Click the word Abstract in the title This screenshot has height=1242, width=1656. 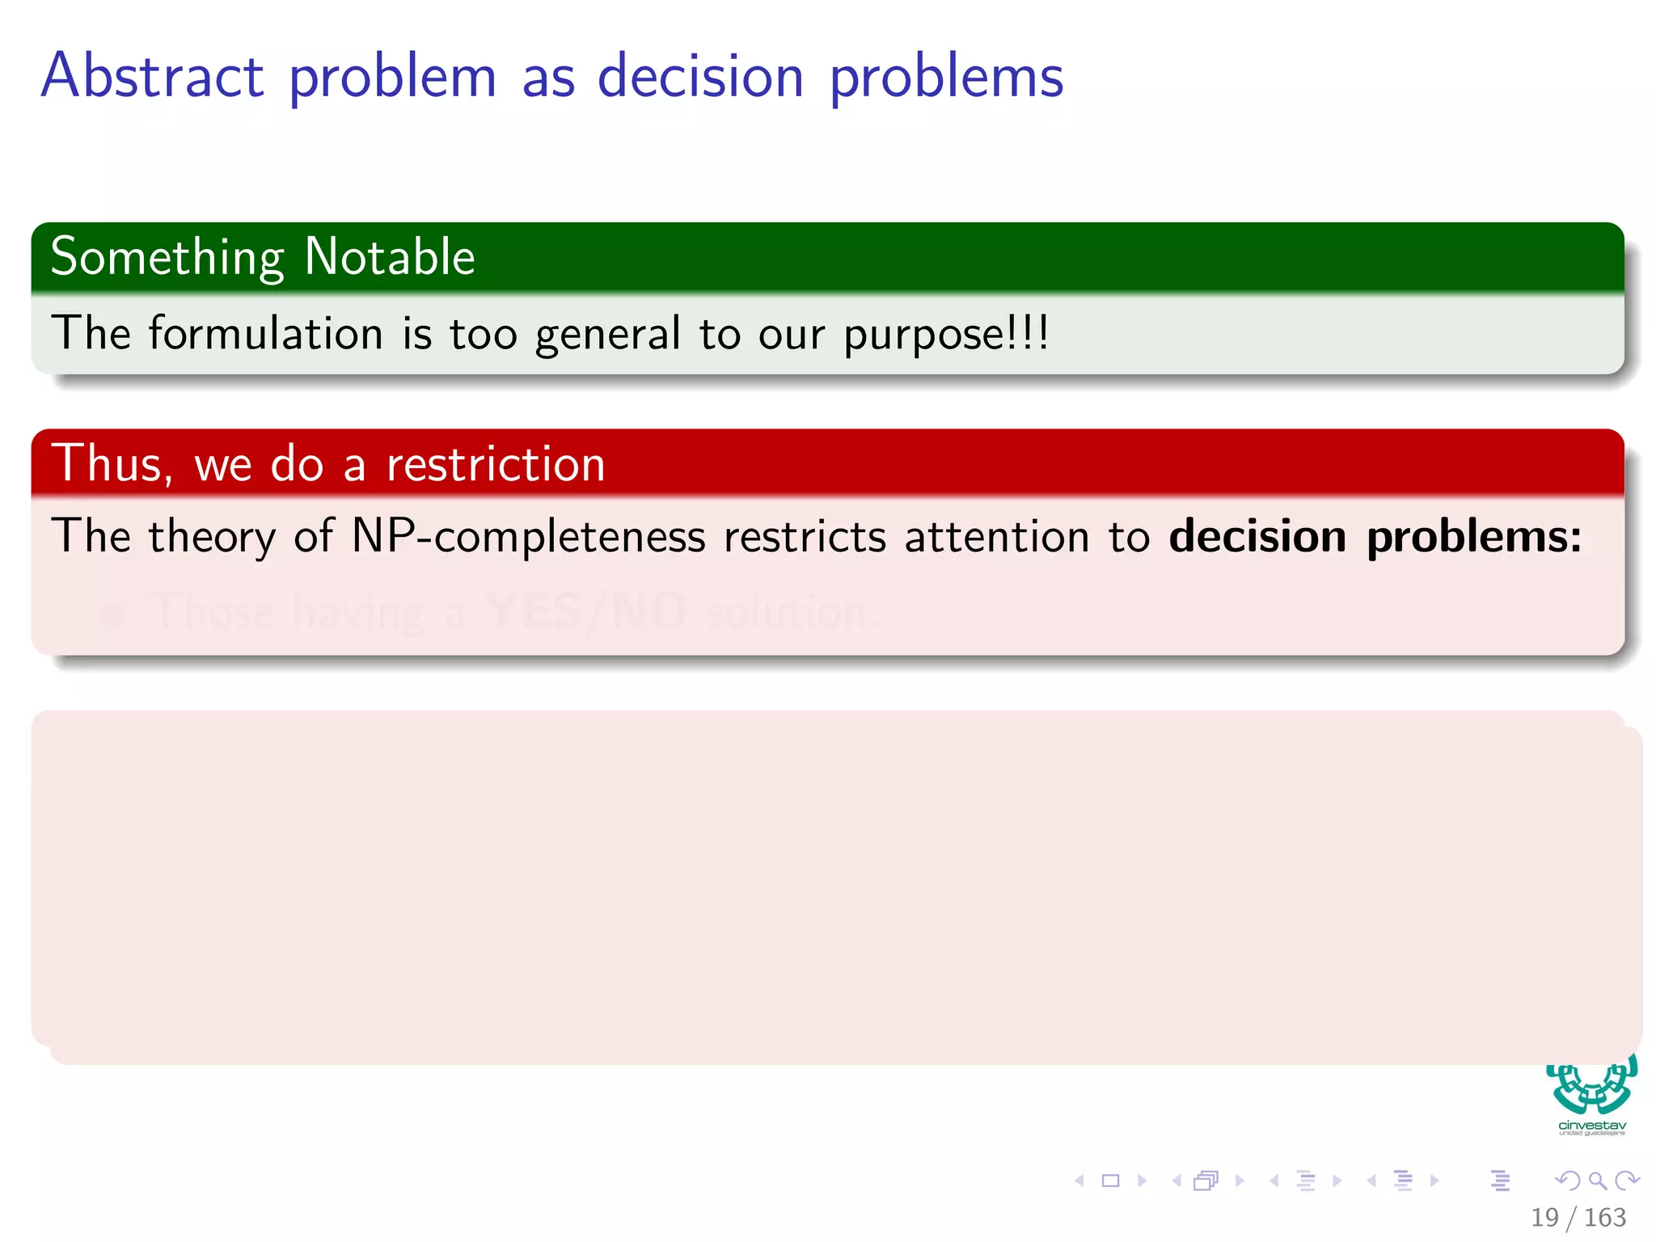(x=152, y=76)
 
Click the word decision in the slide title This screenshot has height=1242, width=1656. (x=700, y=76)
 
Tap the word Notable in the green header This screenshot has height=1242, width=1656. (x=390, y=257)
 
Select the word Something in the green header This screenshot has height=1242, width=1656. (x=167, y=257)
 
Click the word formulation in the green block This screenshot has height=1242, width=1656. (x=265, y=333)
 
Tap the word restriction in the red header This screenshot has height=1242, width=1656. (x=496, y=464)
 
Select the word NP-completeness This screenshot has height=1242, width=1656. (x=528, y=537)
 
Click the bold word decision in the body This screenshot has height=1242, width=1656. (x=1257, y=537)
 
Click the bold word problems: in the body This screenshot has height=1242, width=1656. (x=1474, y=537)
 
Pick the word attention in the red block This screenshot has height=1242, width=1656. (x=997, y=537)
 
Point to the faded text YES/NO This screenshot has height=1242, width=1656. (x=587, y=611)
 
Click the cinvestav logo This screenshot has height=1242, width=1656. (x=1591, y=1096)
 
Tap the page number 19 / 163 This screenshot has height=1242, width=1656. (x=1578, y=1217)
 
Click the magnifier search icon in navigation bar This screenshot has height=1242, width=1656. (x=1597, y=1181)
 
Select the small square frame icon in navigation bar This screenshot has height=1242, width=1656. (x=1111, y=1181)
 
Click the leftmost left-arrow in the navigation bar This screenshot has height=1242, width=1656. (x=1079, y=1181)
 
